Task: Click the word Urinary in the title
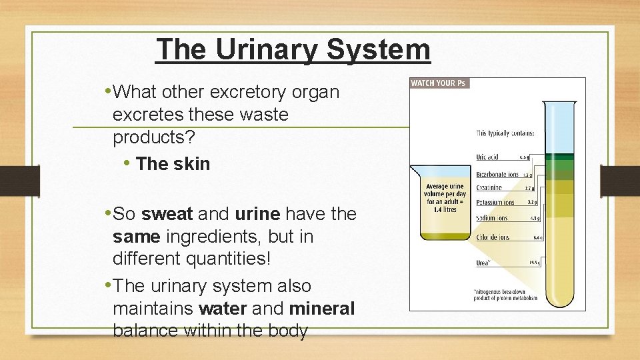point(261,50)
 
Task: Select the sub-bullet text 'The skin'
point(173,164)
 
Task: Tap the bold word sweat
point(167,214)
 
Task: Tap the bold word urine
point(257,214)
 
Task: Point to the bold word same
point(137,237)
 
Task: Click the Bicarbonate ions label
point(497,174)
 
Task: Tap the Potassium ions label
point(495,202)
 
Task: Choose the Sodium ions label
point(492,218)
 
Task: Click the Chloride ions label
point(493,237)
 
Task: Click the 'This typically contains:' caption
point(505,133)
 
